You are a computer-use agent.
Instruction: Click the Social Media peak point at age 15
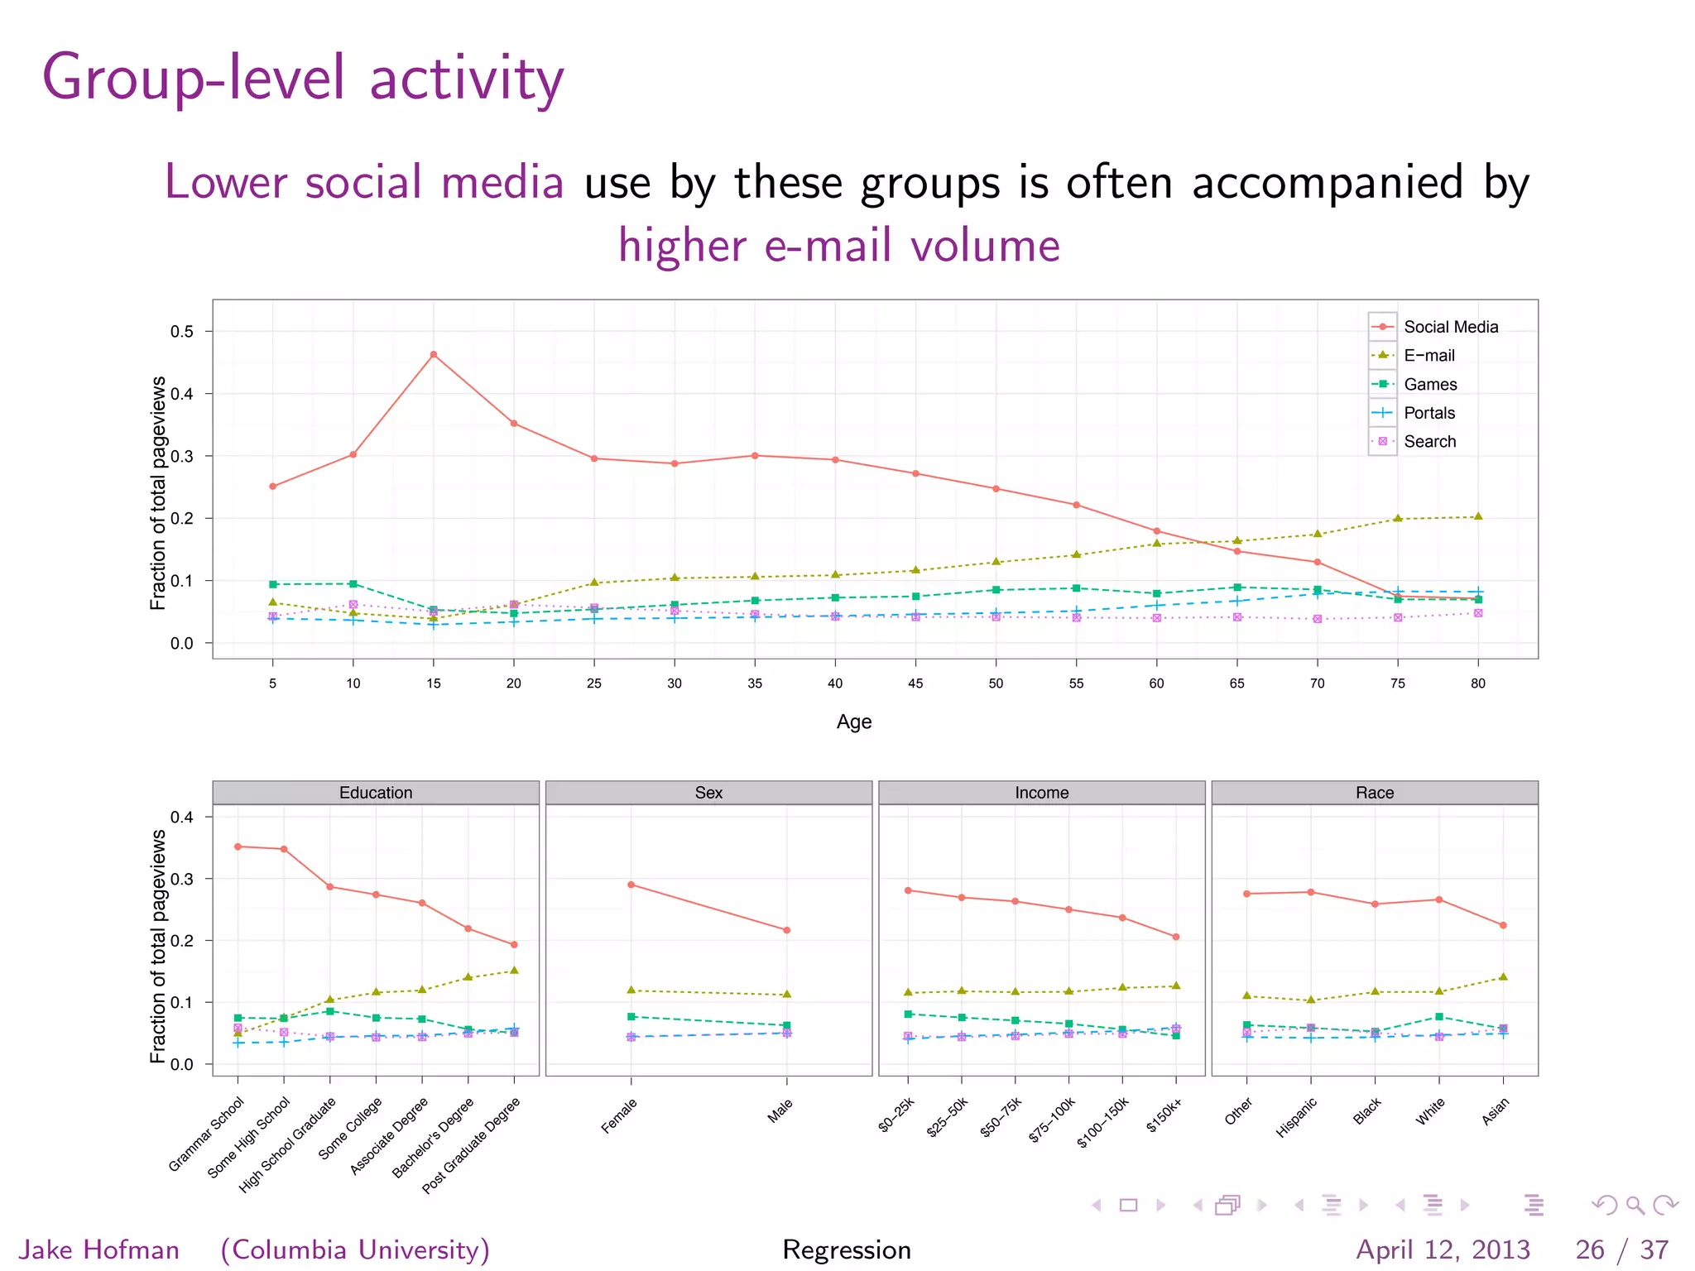tap(434, 355)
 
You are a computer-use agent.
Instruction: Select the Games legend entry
tap(1430, 384)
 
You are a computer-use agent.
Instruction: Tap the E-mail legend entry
tap(1429, 356)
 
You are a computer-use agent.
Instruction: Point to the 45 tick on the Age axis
tap(915, 683)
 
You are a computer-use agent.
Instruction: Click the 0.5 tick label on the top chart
tap(182, 332)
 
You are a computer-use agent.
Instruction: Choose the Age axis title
tap(854, 722)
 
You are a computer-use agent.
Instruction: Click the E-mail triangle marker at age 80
tap(1478, 516)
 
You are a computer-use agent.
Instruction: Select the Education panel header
tap(376, 793)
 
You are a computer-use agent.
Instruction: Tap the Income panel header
tap(1041, 793)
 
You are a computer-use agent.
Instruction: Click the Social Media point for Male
tap(787, 930)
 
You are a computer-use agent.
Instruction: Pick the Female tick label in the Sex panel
tap(620, 1115)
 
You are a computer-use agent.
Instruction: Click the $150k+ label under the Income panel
tap(1164, 1115)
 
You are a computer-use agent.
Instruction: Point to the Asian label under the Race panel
tap(1496, 1111)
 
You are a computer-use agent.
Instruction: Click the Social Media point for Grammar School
tap(238, 847)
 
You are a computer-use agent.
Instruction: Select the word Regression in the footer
tap(847, 1249)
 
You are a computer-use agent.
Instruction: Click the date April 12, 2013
tap(1443, 1249)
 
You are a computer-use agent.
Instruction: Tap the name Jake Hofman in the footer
tap(99, 1249)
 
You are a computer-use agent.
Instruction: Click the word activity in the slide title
tap(466, 78)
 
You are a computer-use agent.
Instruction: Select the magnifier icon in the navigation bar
tap(1635, 1205)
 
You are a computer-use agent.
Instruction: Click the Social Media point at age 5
tap(273, 487)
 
